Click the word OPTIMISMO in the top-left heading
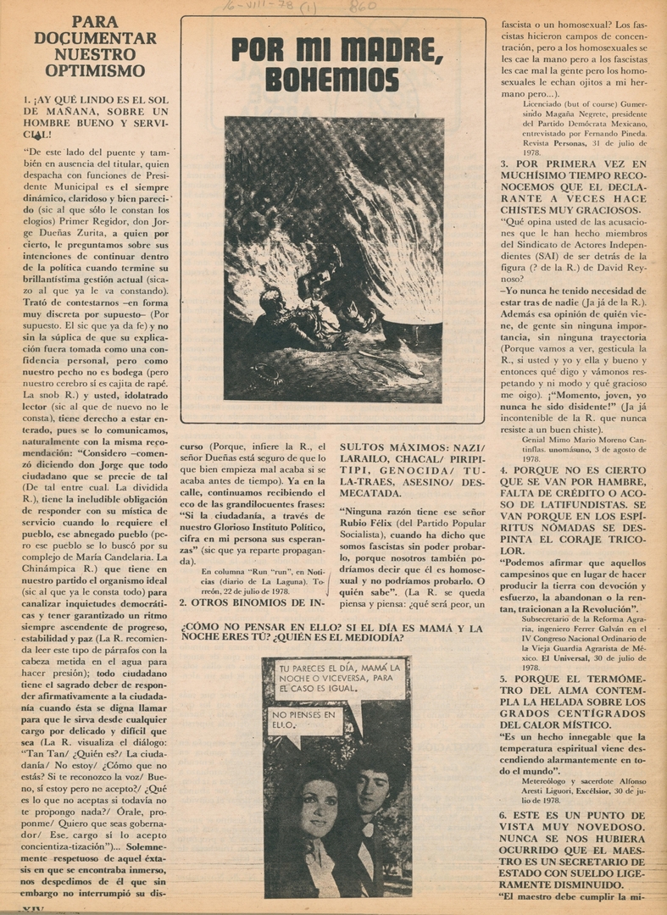click(95, 70)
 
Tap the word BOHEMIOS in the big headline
click(332, 80)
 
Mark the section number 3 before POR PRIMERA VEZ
click(503, 164)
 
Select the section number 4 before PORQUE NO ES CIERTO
click(503, 469)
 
